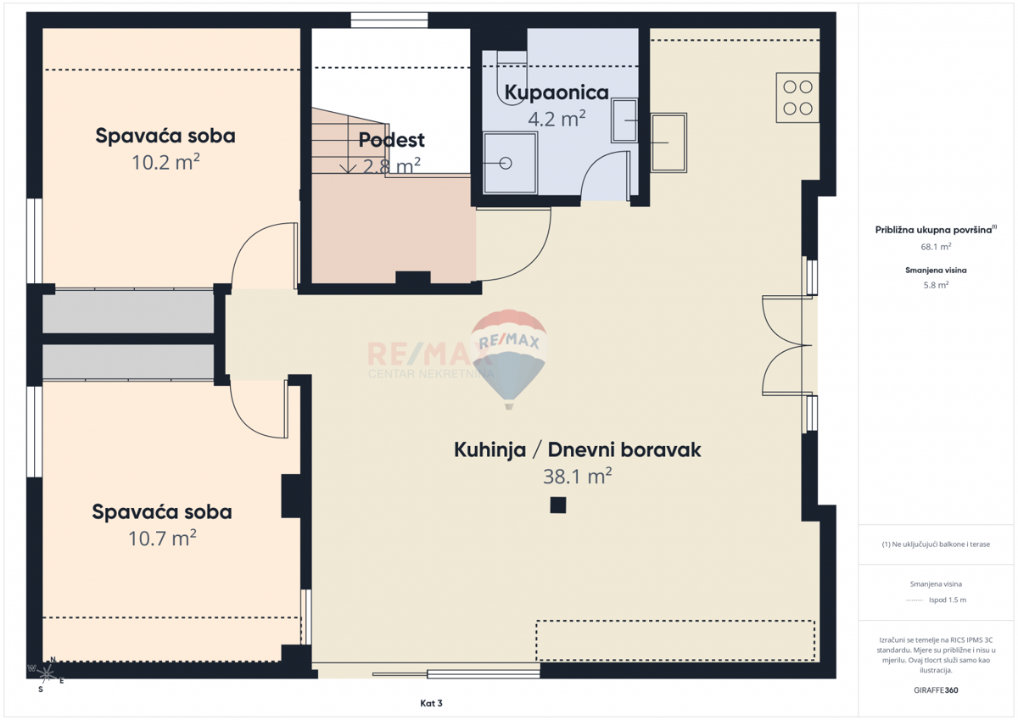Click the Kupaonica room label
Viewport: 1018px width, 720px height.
coord(557,92)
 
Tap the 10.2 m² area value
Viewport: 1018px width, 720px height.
coord(165,162)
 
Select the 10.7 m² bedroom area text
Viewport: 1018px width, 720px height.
coord(162,539)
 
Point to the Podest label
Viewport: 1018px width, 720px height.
coord(391,140)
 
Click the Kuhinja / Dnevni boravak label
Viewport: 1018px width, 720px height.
coord(577,449)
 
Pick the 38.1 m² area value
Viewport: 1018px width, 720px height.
coord(577,477)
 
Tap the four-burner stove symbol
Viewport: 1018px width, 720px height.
coord(797,98)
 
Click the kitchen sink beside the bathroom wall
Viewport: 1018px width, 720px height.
coord(668,142)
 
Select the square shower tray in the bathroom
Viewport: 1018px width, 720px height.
coord(510,163)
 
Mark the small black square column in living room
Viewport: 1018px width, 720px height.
coord(557,505)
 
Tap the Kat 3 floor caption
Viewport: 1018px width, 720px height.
coord(431,703)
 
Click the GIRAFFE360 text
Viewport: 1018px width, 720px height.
coord(936,690)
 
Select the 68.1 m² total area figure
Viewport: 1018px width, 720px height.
coord(936,247)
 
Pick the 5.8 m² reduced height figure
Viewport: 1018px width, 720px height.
coord(936,285)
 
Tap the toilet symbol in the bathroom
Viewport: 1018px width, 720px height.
coord(512,77)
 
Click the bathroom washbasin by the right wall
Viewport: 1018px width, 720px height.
coord(624,120)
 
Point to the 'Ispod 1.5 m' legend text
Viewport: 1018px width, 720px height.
coord(948,600)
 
